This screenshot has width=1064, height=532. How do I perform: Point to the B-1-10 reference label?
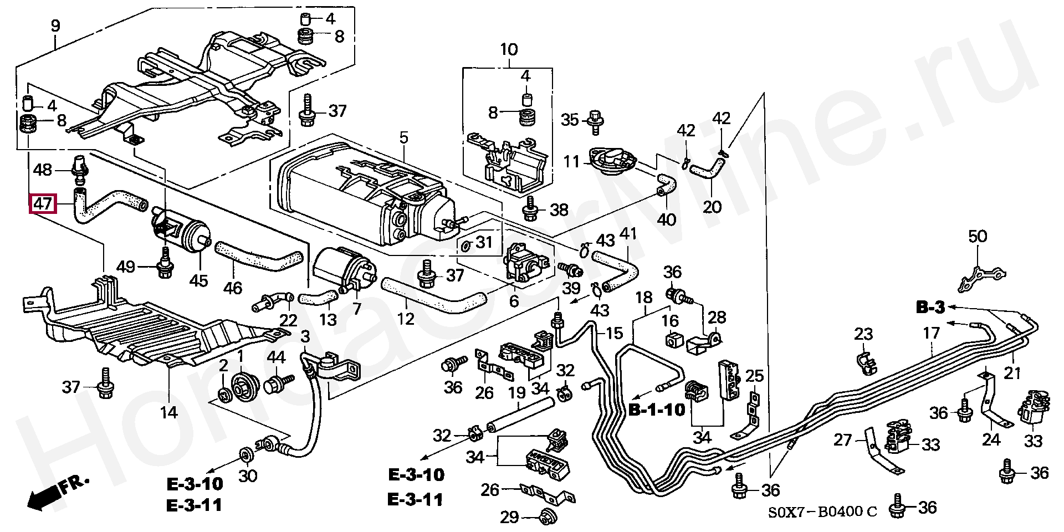pyautogui.click(x=657, y=410)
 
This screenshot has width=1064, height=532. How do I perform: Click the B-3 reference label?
pyautogui.click(x=929, y=306)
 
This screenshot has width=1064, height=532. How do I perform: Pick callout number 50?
pyautogui.click(x=978, y=237)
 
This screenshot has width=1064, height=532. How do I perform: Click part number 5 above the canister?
pyautogui.click(x=403, y=137)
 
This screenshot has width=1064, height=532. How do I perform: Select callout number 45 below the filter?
pyautogui.click(x=198, y=281)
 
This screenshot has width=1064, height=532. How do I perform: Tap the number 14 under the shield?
pyautogui.click(x=169, y=412)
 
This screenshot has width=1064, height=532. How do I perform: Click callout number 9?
pyautogui.click(x=55, y=25)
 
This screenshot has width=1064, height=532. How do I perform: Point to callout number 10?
pyautogui.click(x=508, y=50)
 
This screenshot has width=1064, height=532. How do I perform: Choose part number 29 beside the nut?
pyautogui.click(x=509, y=517)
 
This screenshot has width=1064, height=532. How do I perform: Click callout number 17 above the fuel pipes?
pyautogui.click(x=932, y=333)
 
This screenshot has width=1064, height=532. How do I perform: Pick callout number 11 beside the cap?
pyautogui.click(x=571, y=162)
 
